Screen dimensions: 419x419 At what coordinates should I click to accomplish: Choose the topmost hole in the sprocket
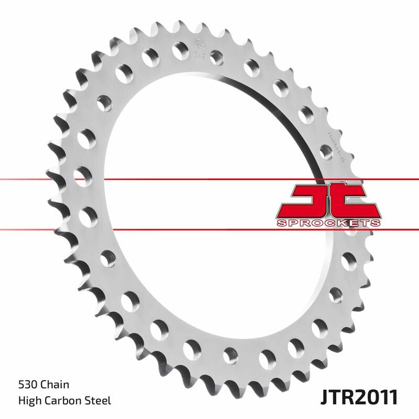[180, 48]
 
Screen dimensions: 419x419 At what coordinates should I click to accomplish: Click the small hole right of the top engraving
[217, 57]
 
